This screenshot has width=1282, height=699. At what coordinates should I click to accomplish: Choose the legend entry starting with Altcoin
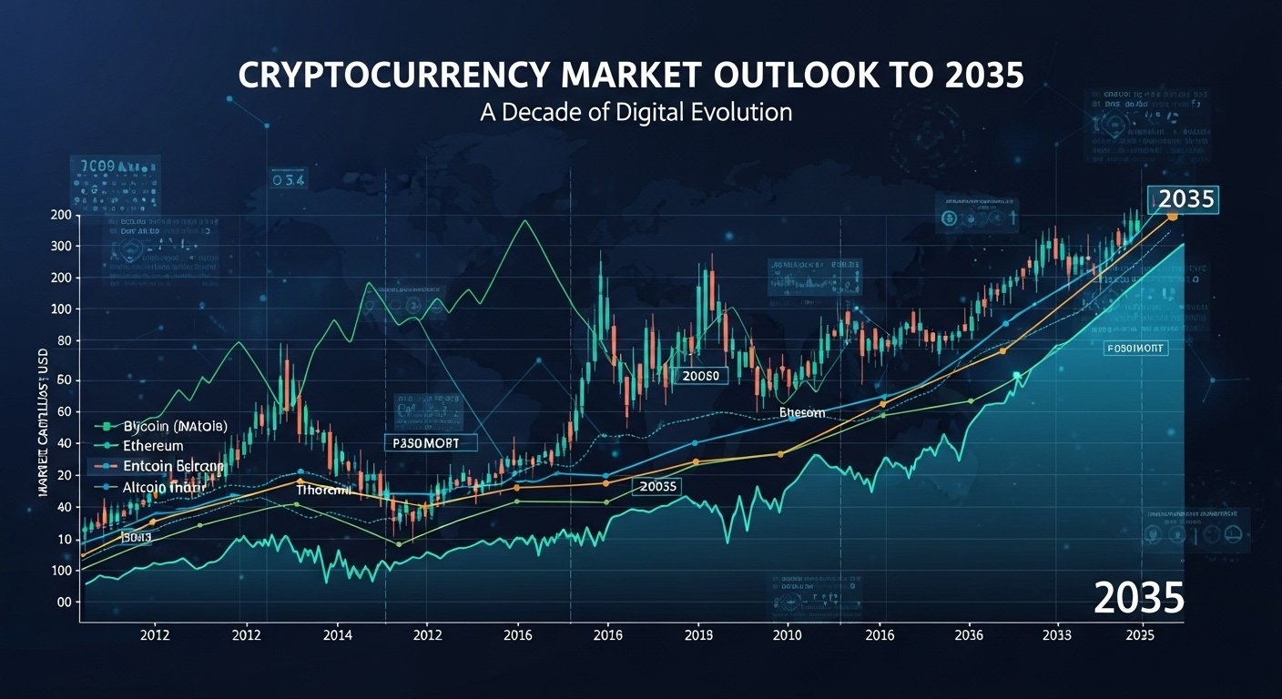pos(155,488)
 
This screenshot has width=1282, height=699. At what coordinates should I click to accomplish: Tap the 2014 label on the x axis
pos(337,635)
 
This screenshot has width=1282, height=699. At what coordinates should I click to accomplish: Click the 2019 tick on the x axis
pos(698,635)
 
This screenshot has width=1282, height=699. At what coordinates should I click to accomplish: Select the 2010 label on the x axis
pos(788,635)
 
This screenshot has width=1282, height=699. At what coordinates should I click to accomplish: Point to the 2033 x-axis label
pos(1056,635)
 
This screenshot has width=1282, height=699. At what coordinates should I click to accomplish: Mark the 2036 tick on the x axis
pos(967,635)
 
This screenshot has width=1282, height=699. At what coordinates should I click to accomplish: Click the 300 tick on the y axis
pos(62,246)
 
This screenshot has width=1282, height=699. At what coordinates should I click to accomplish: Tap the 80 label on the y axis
pos(62,341)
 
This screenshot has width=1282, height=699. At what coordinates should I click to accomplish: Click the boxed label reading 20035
pos(657,487)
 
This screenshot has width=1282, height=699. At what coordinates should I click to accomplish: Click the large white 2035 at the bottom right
pos(1138,597)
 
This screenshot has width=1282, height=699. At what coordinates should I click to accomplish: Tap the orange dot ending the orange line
pos(1172,217)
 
